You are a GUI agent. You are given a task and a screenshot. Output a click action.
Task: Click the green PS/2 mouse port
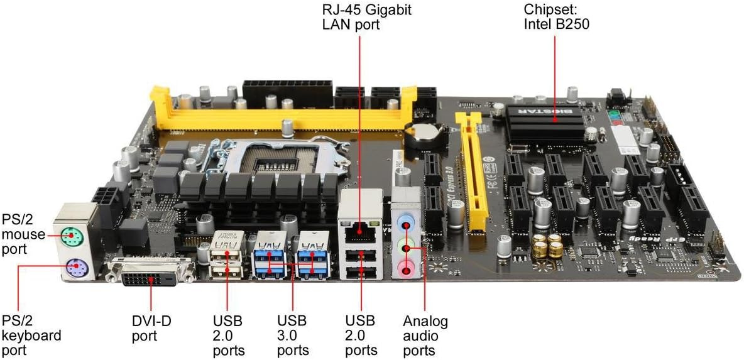coord(74,238)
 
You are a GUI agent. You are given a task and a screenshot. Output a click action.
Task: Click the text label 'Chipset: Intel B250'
coord(556,18)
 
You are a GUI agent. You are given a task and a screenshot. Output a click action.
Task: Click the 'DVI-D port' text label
coord(151,328)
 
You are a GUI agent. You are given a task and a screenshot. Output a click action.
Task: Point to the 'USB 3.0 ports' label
coord(292,335)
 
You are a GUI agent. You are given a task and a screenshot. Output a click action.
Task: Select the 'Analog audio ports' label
coord(425,335)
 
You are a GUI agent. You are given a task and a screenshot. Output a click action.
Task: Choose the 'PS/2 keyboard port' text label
coord(31,335)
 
